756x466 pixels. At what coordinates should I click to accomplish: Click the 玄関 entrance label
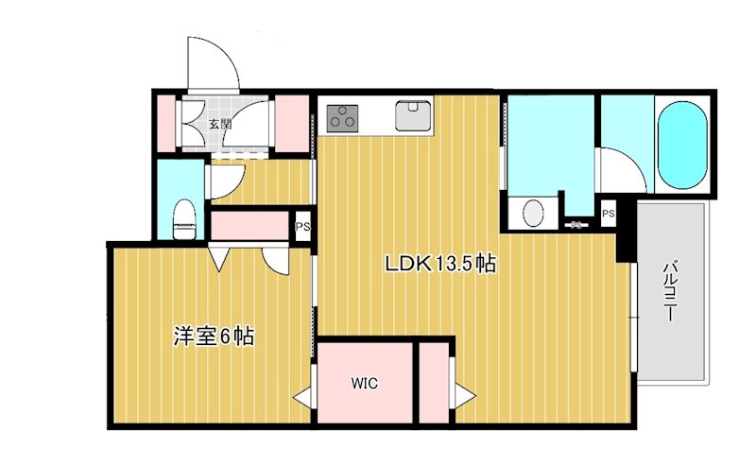point(220,124)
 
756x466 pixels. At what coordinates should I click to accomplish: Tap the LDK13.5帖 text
point(440,264)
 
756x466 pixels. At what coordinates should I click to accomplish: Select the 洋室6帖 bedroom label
point(214,337)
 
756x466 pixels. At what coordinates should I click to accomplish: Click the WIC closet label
point(365,384)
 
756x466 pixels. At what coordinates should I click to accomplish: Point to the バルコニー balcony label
point(671,291)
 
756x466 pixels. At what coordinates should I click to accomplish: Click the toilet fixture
point(184,219)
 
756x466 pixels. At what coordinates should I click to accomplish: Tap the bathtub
point(682,145)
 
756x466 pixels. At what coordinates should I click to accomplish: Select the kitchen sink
point(413,115)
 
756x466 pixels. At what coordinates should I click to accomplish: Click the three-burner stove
point(343,118)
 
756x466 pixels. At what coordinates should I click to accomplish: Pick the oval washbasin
point(533,213)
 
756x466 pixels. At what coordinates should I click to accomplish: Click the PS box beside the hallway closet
point(302,226)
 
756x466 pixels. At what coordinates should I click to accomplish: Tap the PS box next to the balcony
point(609,214)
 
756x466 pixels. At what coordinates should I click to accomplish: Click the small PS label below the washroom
point(576,225)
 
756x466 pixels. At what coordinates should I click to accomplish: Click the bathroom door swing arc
point(627,164)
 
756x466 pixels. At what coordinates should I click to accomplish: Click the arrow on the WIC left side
point(302,398)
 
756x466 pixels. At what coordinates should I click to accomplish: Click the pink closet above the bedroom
point(249,226)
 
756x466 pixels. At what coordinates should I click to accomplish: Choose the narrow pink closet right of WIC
point(434,383)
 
